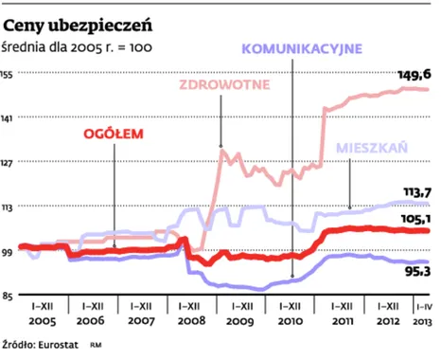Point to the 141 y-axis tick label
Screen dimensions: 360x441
click(10, 118)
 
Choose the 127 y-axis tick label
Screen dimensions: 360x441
click(10, 162)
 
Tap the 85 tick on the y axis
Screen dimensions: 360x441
click(9, 295)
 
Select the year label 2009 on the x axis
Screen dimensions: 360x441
click(239, 321)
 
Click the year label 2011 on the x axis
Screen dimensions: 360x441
click(338, 321)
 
